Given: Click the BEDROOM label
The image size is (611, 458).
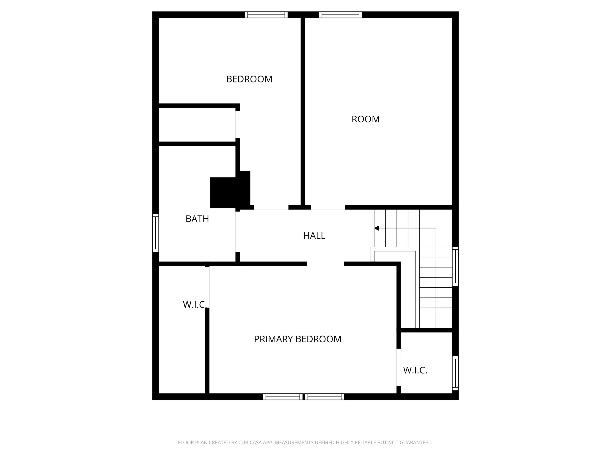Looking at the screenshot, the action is [249, 79].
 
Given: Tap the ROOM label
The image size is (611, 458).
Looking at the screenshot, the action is [366, 119].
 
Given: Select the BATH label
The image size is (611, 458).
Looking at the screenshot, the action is [197, 219].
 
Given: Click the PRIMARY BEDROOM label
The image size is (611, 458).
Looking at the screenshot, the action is [297, 339].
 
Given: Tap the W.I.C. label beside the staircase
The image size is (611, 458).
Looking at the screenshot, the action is [415, 370].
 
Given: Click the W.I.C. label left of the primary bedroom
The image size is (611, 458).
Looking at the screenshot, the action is [194, 305].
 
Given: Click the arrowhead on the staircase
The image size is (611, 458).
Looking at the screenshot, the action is [376, 228].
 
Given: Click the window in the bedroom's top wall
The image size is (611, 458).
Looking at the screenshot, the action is [266, 15].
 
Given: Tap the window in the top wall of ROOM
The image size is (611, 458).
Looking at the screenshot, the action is [340, 15].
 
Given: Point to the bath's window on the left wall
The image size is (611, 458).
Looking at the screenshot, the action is [156, 233].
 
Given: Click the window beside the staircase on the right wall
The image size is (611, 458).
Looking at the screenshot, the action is [455, 266].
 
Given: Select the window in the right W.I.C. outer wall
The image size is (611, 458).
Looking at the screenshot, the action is [455, 373].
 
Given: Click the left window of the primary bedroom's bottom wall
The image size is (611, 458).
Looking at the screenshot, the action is [283, 397].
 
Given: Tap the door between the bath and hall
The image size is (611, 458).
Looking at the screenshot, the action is [238, 232].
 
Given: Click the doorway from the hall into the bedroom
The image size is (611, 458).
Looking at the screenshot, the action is [271, 208].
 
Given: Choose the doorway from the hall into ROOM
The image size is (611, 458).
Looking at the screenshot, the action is [328, 208].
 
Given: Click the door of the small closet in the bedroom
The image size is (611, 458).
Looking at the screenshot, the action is [238, 125].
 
